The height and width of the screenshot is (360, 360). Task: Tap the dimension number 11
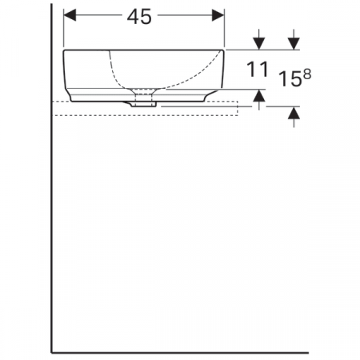pyautogui.click(x=257, y=70)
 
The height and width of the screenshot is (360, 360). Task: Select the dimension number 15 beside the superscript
pyautogui.click(x=290, y=78)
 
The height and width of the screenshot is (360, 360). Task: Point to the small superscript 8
pyautogui.click(x=306, y=72)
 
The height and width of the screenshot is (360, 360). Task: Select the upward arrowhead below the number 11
pyautogui.click(x=258, y=96)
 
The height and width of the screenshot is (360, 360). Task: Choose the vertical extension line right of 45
pyautogui.click(x=226, y=28)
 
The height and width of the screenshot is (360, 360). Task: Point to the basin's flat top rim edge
pyautogui.click(x=144, y=50)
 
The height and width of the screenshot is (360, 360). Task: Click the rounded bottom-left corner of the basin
pyautogui.click(x=72, y=96)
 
